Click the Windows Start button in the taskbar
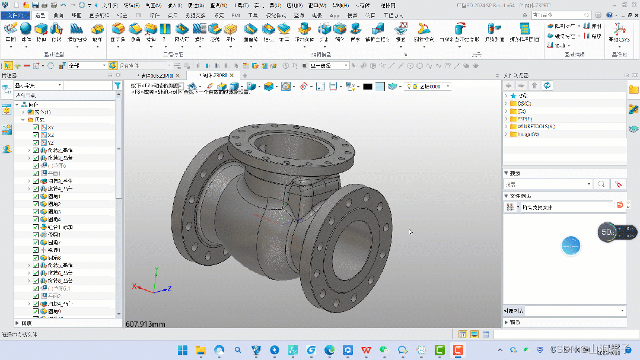182,350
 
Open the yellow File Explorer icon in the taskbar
200,350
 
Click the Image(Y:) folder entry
527,134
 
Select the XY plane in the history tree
51,128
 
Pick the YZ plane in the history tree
51,143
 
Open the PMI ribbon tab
237,15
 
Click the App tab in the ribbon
335,15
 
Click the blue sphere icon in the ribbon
26,28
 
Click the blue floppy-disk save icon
36,5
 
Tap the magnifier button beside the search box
601,184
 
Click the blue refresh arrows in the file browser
547,85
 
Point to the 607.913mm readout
145,324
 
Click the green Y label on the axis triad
156,269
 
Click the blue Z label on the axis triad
169,288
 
